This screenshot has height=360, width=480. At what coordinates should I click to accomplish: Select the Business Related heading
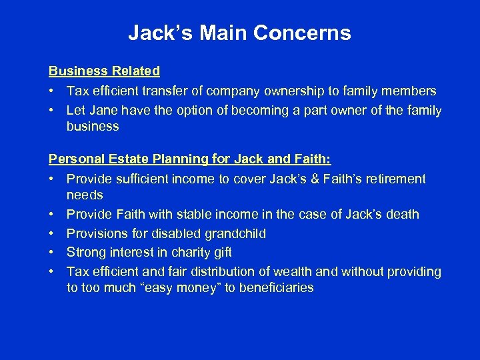tap(104, 71)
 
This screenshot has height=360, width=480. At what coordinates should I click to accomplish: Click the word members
tap(409, 91)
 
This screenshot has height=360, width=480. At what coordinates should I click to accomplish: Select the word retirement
tap(394, 179)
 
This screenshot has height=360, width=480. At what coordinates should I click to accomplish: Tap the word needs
tap(85, 195)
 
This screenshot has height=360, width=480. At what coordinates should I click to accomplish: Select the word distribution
tap(241, 271)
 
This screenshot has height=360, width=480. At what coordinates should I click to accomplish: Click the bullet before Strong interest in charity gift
tap(52, 253)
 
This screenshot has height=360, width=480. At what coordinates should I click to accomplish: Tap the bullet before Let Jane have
tap(52, 110)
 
